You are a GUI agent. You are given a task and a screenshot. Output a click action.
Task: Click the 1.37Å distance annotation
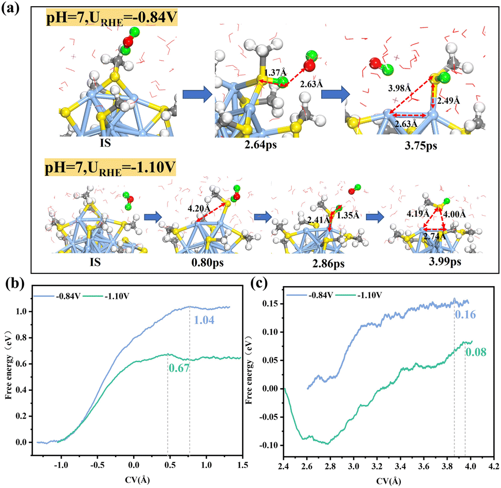click(273, 71)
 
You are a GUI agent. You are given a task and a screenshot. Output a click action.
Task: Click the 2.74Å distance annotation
click(435, 238)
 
